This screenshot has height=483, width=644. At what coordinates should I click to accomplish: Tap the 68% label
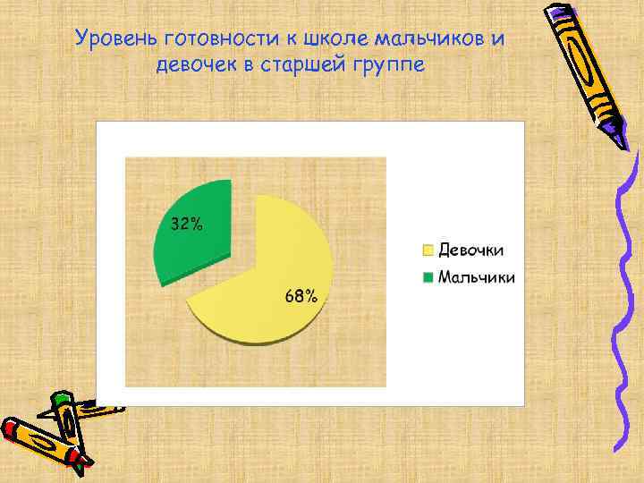point(301,296)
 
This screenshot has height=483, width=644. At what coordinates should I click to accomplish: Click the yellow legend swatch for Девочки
point(428,250)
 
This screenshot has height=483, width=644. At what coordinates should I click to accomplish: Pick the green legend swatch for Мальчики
point(428,277)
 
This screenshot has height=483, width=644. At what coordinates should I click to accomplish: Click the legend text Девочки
point(470,250)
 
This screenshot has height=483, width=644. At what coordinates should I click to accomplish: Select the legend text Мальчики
point(476,277)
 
